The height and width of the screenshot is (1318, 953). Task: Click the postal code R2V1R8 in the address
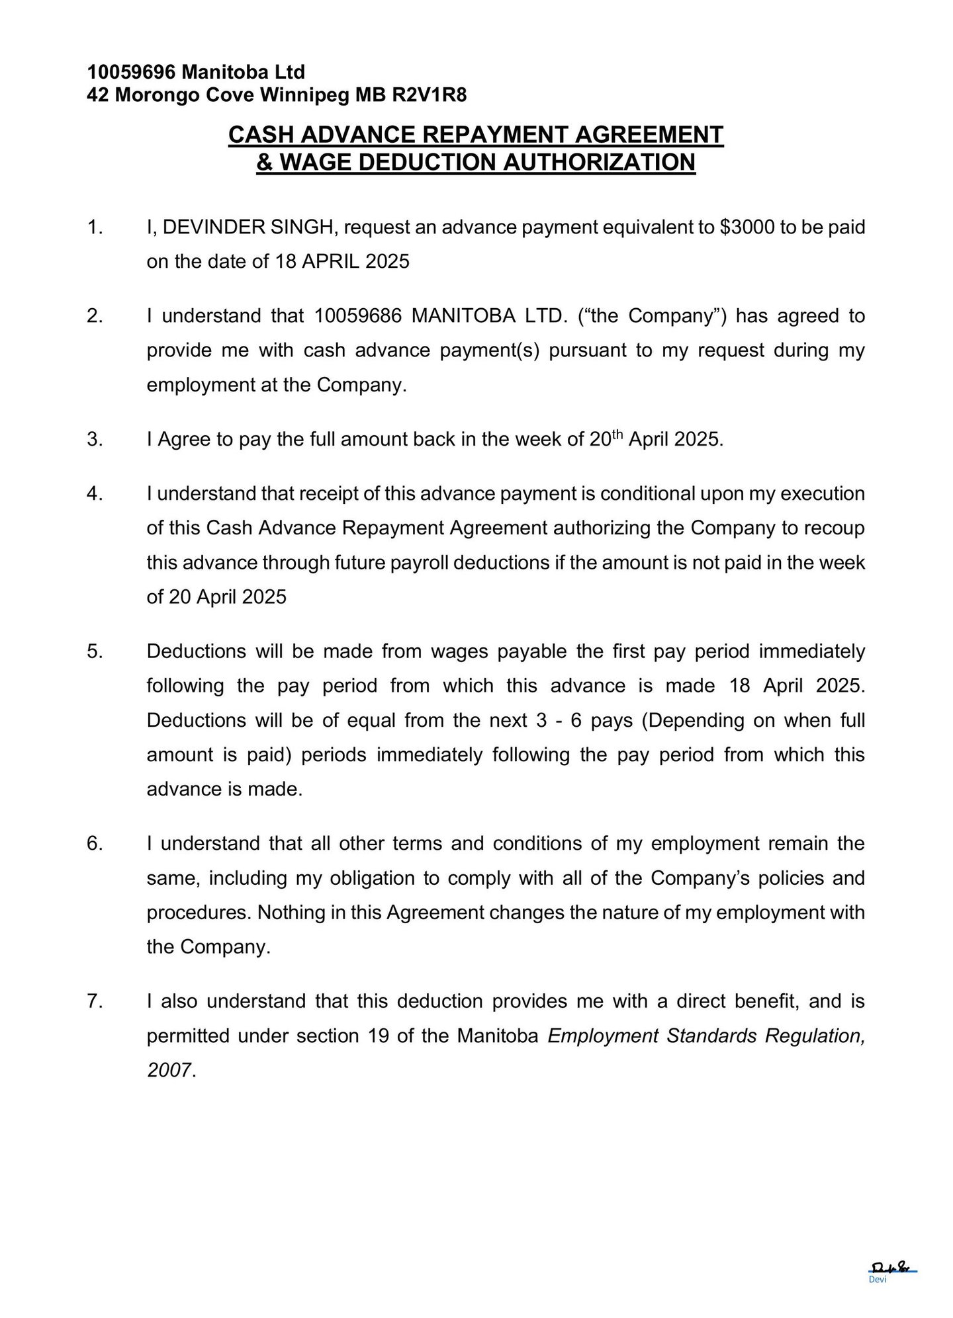[430, 95]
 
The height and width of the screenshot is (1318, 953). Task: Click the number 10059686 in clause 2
[357, 315]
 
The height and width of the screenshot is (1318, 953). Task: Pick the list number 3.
[95, 439]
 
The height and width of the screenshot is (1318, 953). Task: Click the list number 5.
[95, 651]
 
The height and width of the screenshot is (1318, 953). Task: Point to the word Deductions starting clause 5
[196, 651]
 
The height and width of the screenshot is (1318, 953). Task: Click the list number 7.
[95, 1001]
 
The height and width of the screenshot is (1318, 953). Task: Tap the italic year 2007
[169, 1070]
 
